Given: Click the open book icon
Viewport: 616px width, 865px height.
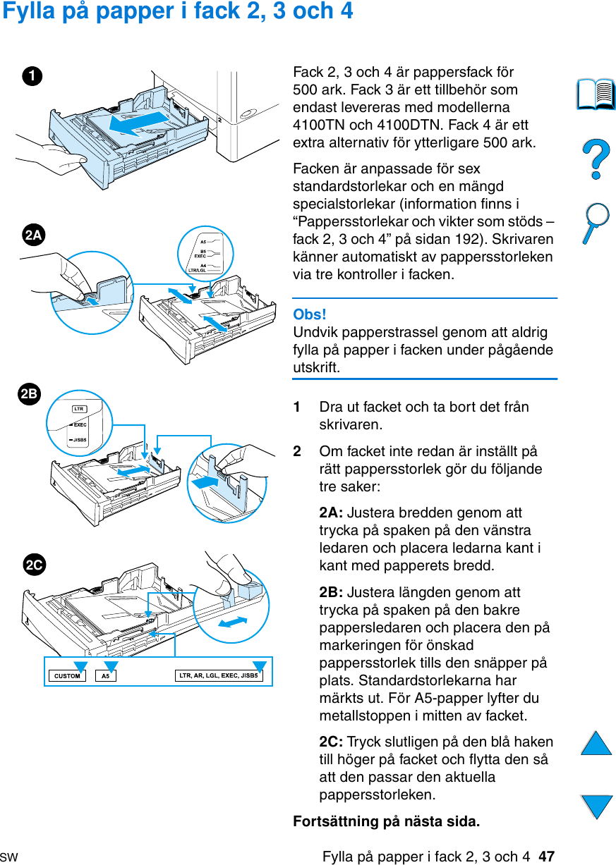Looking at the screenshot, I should (596, 95).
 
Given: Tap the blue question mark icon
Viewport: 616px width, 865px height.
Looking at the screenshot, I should (596, 159).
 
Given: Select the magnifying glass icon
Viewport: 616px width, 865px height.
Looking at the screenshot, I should (596, 222).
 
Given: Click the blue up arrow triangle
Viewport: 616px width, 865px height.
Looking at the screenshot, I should (596, 744).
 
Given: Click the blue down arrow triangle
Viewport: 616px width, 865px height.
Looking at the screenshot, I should (596, 806).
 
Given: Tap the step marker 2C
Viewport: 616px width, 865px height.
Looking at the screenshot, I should (33, 565).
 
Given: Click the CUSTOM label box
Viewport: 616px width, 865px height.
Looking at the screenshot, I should (67, 676).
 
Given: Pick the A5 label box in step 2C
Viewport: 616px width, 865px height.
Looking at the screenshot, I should (105, 676).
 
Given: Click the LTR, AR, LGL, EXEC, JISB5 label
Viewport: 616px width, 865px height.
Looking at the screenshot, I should (219, 676).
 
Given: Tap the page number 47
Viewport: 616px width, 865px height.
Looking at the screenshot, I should (546, 857).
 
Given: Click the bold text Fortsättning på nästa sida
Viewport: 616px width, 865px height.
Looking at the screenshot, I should (386, 822).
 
